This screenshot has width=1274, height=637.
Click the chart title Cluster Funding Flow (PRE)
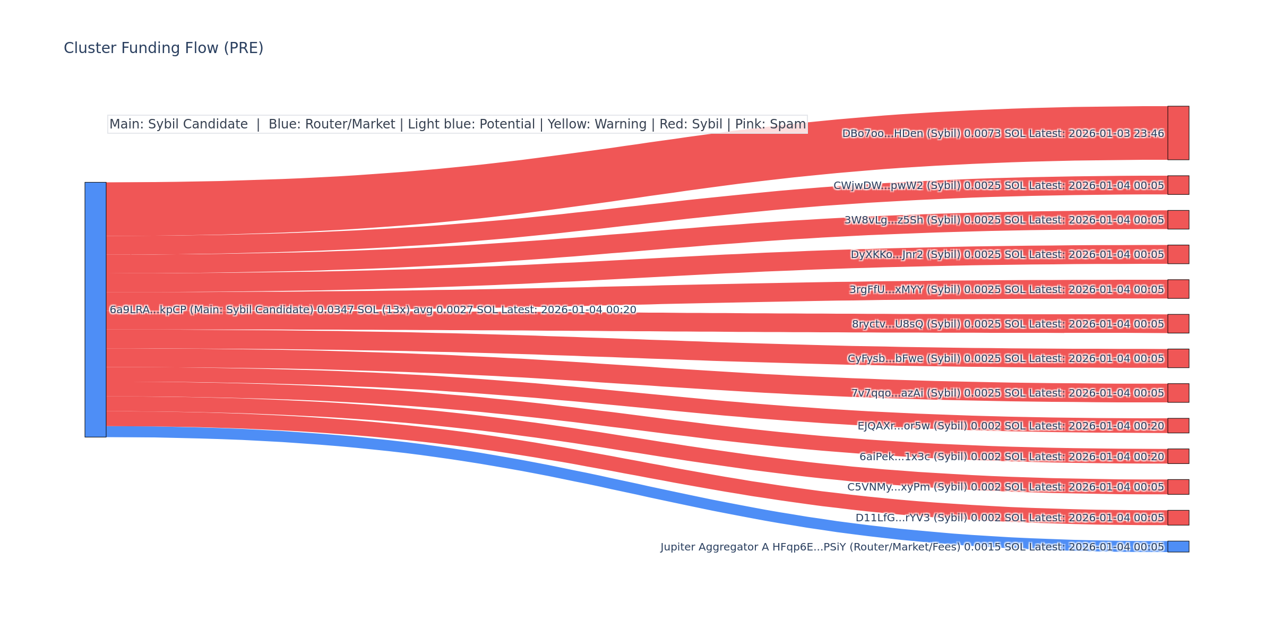point(163,48)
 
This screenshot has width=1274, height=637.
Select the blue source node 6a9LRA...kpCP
point(96,309)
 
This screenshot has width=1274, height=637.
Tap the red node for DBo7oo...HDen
point(1178,133)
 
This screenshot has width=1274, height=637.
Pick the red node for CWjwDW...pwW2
point(1178,185)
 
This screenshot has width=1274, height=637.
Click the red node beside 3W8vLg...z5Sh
point(1178,220)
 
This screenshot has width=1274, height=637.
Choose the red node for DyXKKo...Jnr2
point(1178,254)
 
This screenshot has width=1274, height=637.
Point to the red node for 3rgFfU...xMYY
point(1178,289)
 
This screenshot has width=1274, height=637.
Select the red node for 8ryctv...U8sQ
point(1178,324)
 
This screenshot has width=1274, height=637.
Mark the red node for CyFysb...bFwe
point(1178,358)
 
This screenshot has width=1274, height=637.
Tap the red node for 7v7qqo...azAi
point(1178,393)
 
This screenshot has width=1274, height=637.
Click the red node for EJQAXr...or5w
point(1178,426)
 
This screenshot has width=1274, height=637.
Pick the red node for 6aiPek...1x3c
point(1178,457)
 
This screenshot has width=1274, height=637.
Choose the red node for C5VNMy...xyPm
point(1178,487)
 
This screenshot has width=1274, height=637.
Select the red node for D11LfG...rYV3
point(1178,518)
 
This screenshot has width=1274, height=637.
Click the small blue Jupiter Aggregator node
point(1178,547)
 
